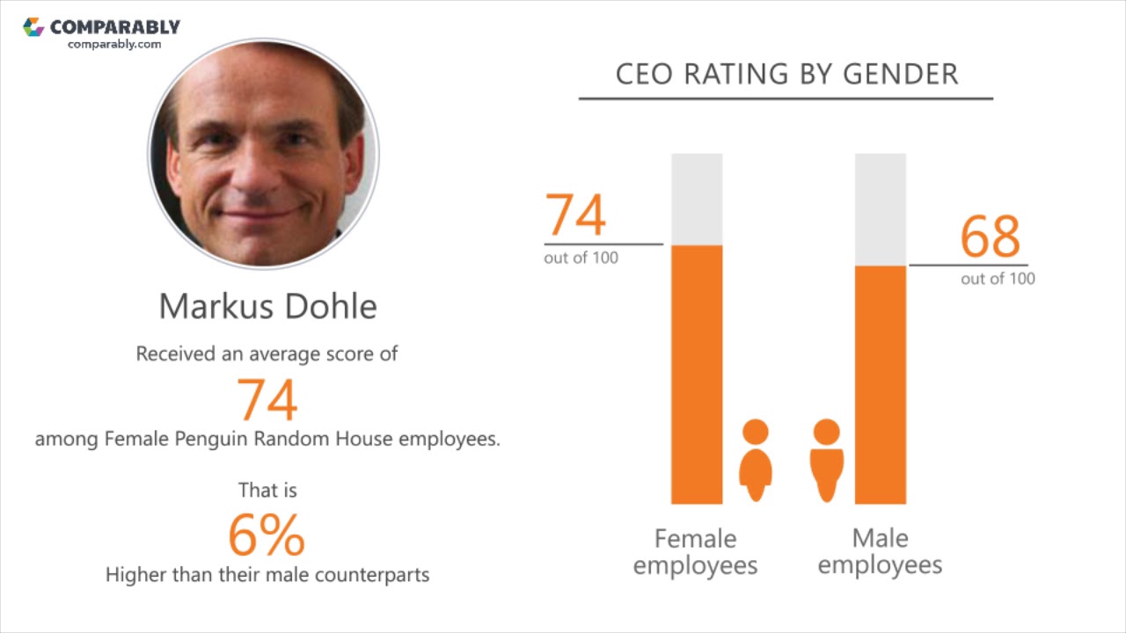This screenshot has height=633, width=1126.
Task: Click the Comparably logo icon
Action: click(33, 27)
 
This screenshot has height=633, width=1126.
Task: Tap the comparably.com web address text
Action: click(114, 44)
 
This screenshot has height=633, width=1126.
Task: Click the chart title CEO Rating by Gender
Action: click(786, 74)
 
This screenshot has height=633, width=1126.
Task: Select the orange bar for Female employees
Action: click(697, 374)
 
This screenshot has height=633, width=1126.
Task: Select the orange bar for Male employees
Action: click(881, 384)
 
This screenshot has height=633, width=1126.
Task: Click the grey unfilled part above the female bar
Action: click(697, 199)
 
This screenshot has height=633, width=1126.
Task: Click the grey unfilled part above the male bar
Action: click(881, 209)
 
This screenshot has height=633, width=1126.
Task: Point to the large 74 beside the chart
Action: click(576, 215)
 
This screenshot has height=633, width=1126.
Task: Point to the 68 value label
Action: click(990, 236)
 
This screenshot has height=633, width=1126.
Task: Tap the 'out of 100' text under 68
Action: click(998, 279)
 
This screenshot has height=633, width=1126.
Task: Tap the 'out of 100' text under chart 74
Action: click(581, 258)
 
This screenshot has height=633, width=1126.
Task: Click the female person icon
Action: click(755, 460)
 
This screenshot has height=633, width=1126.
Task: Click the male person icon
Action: click(826, 460)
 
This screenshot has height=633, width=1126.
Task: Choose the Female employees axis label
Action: click(695, 551)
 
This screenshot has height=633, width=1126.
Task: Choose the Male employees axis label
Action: click(880, 551)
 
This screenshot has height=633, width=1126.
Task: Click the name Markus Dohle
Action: click(267, 306)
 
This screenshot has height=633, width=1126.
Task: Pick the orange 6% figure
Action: click(267, 535)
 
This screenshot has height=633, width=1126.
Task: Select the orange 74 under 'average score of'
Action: click(267, 399)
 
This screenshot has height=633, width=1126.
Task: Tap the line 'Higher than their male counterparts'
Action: click(267, 575)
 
